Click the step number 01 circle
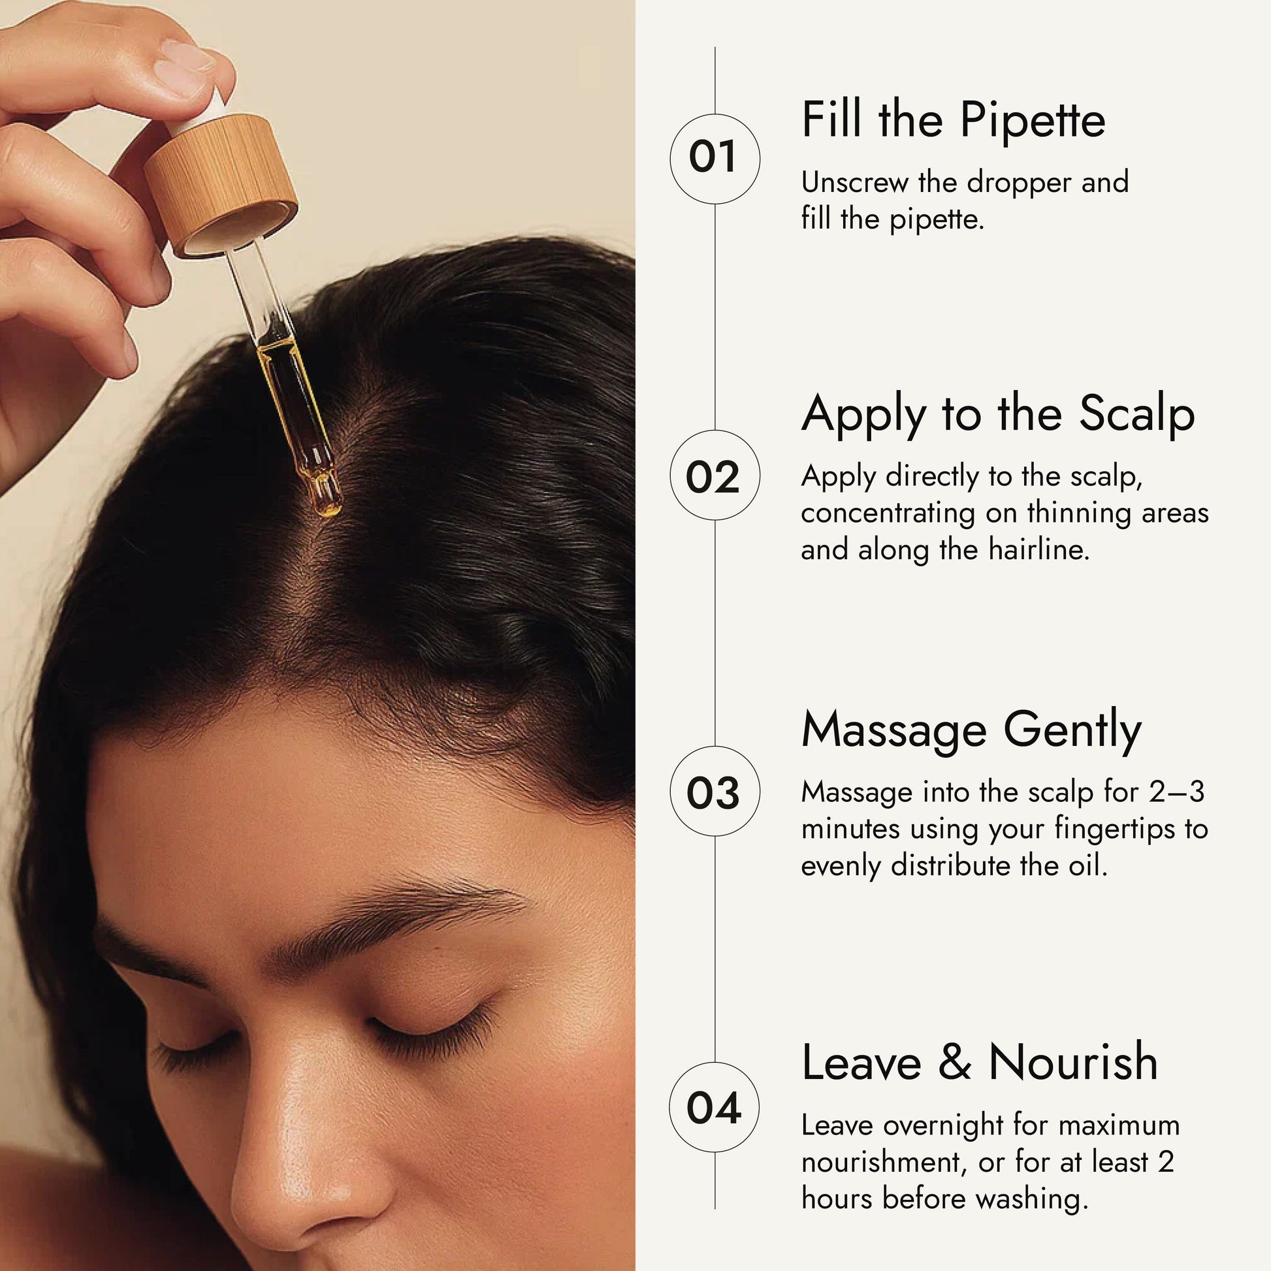click(715, 158)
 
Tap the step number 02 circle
click(715, 475)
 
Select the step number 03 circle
click(715, 792)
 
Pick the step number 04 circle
click(715, 1107)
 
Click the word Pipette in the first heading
click(1032, 121)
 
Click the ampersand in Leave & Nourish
click(956, 1062)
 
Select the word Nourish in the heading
click(1073, 1061)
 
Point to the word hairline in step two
click(1038, 550)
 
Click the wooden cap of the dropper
click(220, 186)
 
